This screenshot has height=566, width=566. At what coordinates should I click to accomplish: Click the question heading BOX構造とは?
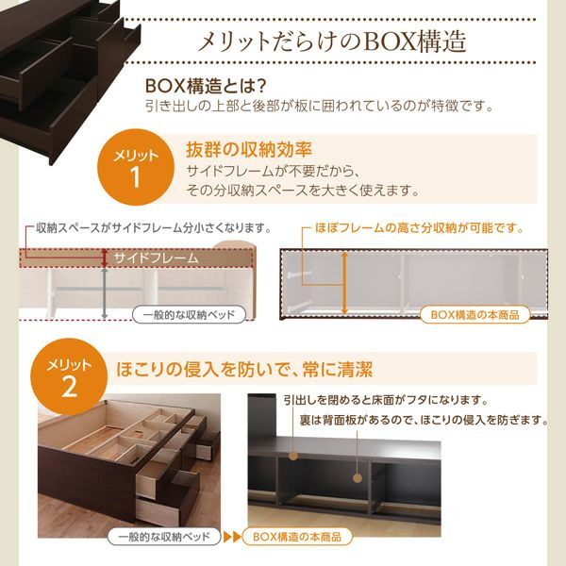[199, 85]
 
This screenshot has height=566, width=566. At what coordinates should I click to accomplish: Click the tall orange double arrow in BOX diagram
[344, 281]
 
